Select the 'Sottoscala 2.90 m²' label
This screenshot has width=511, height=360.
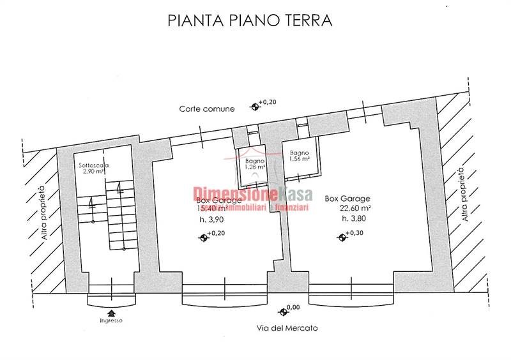coord(94,169)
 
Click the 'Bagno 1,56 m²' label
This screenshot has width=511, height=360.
coord(300,156)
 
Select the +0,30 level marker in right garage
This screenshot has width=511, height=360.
coord(342,237)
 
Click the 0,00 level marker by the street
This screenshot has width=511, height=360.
coord(283,311)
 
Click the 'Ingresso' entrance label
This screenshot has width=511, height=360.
coord(112,320)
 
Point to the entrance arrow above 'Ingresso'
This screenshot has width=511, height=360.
coord(112,313)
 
